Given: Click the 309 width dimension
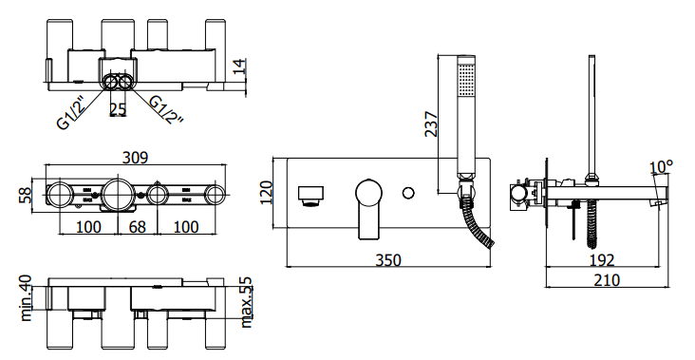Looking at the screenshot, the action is (x=135, y=158).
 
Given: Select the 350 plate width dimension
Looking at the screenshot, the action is (x=388, y=260).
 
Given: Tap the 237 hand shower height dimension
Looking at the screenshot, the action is (x=431, y=124).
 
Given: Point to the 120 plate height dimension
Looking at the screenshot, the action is (x=266, y=193).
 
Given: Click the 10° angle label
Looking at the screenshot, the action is (x=662, y=167).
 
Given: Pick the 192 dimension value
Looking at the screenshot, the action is (x=602, y=260).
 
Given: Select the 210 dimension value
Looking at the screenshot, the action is (x=607, y=280).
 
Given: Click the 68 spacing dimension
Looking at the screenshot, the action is (x=138, y=227).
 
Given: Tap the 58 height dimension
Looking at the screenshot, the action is (x=25, y=196).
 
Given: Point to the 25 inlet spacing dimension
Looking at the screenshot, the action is (x=118, y=109).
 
